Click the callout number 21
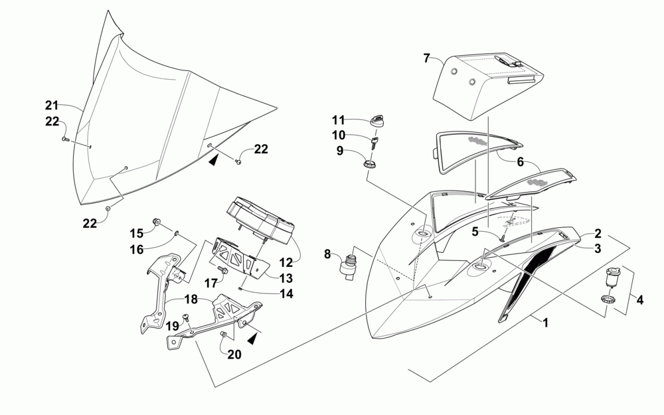[x=52, y=105]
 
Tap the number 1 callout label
[x=545, y=323]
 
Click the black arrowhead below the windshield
[x=213, y=159]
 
